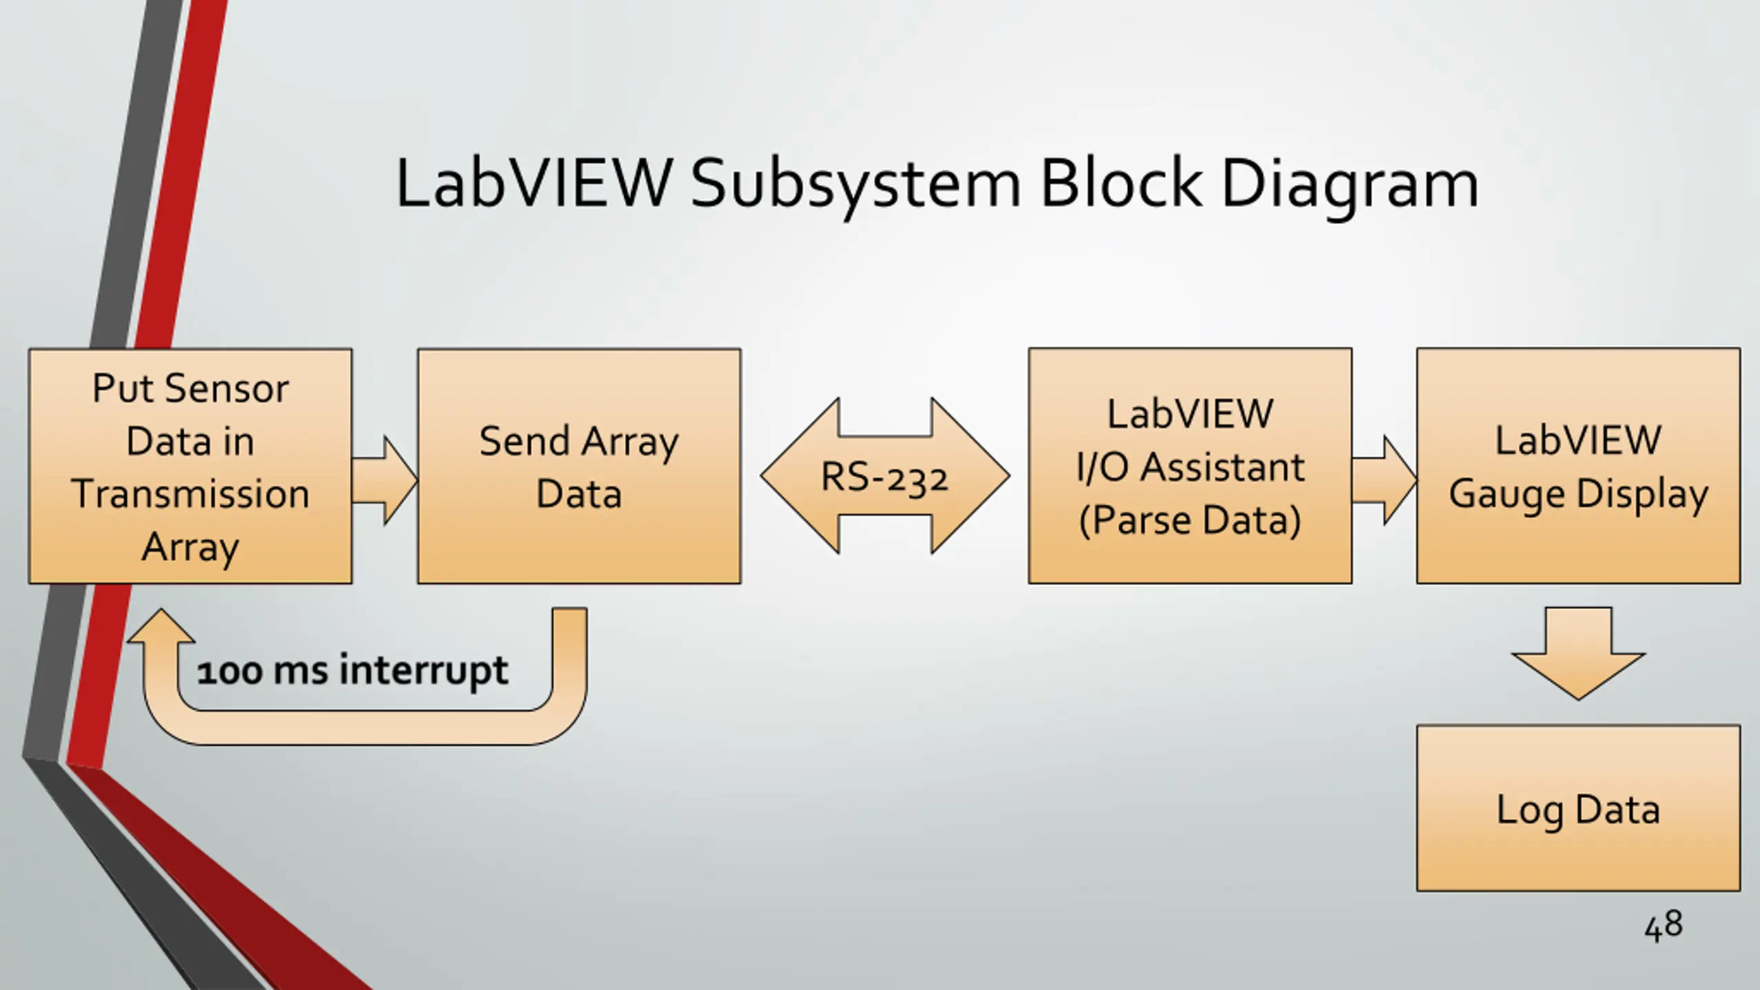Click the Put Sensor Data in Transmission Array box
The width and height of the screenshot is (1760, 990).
[190, 466]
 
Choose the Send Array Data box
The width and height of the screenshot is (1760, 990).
[579, 466]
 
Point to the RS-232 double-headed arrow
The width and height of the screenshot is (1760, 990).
[885, 476]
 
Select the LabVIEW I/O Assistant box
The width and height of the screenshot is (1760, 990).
[1190, 466]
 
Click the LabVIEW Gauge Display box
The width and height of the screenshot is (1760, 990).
[1578, 466]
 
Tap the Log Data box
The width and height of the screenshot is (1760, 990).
[1578, 808]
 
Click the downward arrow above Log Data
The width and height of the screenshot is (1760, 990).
[1578, 653]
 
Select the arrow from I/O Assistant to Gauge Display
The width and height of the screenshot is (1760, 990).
[1385, 480]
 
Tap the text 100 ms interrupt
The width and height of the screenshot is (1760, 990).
[352, 671]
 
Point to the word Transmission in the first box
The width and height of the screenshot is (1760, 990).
[190, 494]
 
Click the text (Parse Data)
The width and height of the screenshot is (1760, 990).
[1190, 520]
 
